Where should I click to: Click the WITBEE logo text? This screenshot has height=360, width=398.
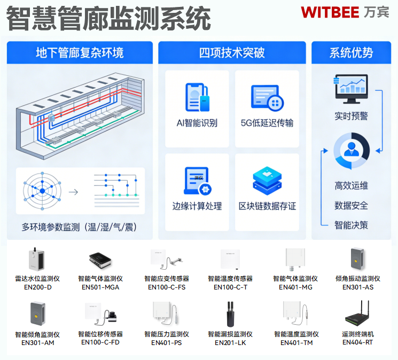pyautogui.click(x=330, y=12)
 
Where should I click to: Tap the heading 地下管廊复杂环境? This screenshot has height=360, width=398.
pyautogui.click(x=80, y=53)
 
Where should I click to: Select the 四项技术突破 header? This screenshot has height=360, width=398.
pyautogui.click(x=232, y=53)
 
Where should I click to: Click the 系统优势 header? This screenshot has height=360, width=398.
pyautogui.click(x=351, y=53)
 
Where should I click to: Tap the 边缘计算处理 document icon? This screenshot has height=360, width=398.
pyautogui.click(x=197, y=181)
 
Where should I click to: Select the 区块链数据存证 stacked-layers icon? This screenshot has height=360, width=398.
pyautogui.click(x=267, y=181)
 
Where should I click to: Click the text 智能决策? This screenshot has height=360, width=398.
pyautogui.click(x=351, y=225)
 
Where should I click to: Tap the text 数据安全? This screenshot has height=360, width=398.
pyautogui.click(x=351, y=206)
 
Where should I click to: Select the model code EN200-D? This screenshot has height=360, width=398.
pyautogui.click(x=37, y=287)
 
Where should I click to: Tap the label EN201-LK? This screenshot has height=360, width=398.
pyautogui.click(x=230, y=343)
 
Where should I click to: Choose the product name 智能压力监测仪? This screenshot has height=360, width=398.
pyautogui.click(x=166, y=334)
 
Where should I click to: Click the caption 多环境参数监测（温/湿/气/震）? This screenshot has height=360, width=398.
pyautogui.click(x=79, y=227)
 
